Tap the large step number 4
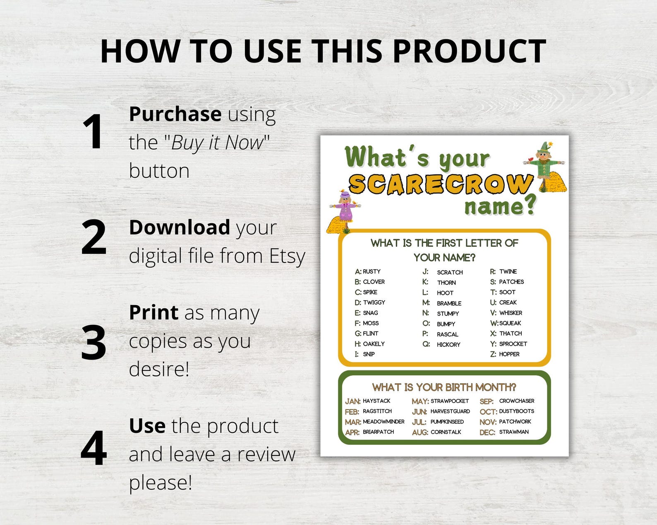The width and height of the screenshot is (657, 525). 94,449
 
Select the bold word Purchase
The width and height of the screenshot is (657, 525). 175,114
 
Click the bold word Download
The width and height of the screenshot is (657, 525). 180,227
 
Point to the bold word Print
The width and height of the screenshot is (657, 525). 153,313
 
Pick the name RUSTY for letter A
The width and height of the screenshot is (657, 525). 372,272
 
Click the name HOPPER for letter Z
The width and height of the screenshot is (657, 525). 509,354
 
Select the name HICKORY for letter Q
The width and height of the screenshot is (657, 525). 448,344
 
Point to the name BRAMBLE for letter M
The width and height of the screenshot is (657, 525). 449,303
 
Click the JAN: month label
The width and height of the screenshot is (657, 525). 352,401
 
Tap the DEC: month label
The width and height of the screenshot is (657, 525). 487,432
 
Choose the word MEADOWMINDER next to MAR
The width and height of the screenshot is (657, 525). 384,422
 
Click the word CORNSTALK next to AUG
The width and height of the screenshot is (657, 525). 446,432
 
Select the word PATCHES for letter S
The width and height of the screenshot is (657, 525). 511,282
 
